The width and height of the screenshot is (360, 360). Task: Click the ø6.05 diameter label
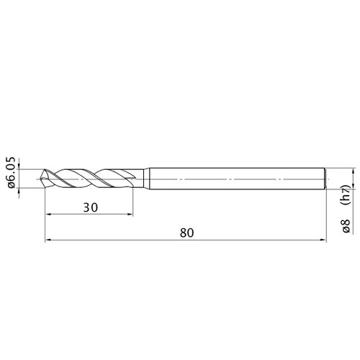click(x=12, y=173)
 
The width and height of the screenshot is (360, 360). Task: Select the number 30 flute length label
click(x=91, y=207)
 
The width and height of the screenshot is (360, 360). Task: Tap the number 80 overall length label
click(x=186, y=233)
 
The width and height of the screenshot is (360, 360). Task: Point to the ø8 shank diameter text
click(x=346, y=226)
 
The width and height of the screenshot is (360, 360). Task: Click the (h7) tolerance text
click(x=346, y=195)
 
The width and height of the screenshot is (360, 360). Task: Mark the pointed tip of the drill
click(x=41, y=179)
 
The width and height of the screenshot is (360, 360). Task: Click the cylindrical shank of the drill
click(x=237, y=179)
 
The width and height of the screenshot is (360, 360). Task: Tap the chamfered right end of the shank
click(x=325, y=179)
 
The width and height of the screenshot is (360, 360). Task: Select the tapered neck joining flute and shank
click(x=146, y=179)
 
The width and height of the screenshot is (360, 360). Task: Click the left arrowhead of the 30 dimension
click(x=48, y=214)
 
